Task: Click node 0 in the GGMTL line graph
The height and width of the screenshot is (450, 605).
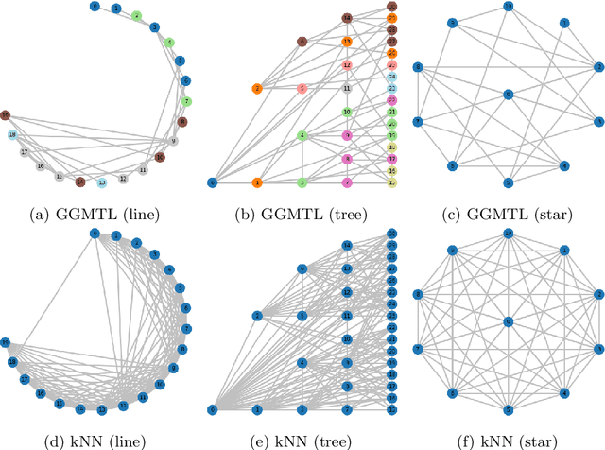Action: point(94,7)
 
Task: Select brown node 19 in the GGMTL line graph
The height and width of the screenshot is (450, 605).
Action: point(5,115)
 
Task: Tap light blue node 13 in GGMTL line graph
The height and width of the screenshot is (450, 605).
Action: point(102,182)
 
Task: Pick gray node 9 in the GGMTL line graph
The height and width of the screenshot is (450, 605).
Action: point(174,141)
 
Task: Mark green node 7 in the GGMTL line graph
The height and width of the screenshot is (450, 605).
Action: point(186,101)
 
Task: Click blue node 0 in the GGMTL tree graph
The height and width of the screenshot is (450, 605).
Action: point(212,182)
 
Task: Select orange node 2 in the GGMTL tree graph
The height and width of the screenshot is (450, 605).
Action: point(256,89)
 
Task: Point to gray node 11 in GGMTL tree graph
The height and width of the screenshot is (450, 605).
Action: point(347,89)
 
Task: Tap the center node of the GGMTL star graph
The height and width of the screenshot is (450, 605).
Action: point(509,95)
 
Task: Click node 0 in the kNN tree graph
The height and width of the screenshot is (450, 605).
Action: point(212,409)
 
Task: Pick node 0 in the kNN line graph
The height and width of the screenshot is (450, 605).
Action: point(94,234)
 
